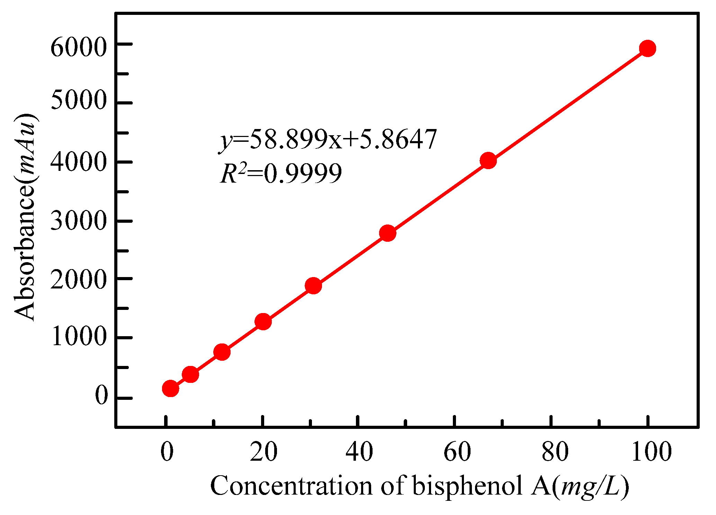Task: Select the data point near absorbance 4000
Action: click(x=488, y=160)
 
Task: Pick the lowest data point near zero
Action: click(x=170, y=388)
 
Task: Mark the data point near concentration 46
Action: click(x=387, y=233)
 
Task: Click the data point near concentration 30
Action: click(x=313, y=286)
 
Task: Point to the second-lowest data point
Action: click(x=190, y=374)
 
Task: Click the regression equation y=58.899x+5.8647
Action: click(x=328, y=139)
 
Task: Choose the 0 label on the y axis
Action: click(x=101, y=395)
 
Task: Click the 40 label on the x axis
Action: click(x=359, y=452)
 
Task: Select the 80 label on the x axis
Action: click(x=555, y=452)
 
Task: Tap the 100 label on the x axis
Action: click(x=651, y=452)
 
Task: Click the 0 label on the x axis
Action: click(x=167, y=452)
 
